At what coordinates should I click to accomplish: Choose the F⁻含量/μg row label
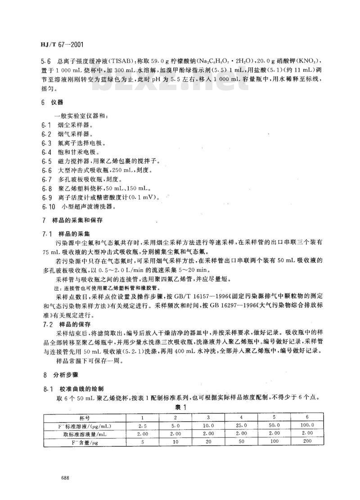pyautogui.click(x=85, y=441)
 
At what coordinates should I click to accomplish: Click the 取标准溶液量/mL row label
pyautogui.click(x=85, y=432)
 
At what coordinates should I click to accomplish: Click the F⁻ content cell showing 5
pyautogui.click(x=142, y=441)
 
